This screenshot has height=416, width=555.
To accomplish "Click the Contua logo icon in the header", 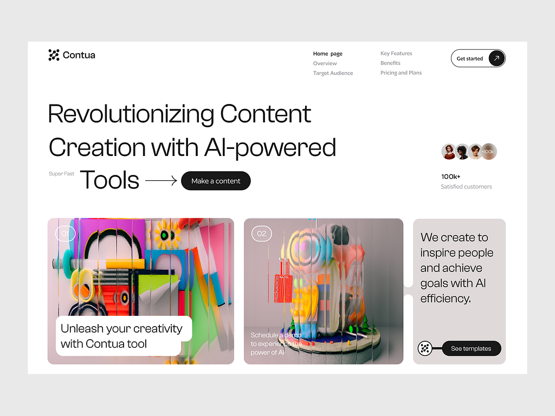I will tap(54, 55).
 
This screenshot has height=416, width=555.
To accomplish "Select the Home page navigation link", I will tap(327, 54).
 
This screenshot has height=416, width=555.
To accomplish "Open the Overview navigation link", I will tap(325, 63).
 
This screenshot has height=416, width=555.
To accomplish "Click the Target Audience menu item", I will tap(333, 73).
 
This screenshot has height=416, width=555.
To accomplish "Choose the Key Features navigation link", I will tap(396, 54).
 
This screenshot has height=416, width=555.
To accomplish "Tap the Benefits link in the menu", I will tap(390, 63).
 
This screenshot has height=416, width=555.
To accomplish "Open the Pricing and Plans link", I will tap(401, 73).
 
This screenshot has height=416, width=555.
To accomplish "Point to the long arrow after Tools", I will tap(161, 181).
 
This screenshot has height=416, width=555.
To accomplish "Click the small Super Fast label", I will tap(61, 174).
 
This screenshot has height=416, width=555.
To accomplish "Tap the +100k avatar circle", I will tap(488, 152).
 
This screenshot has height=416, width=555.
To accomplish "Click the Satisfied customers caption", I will tap(466, 186).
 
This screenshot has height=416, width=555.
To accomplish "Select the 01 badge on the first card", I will tap(65, 234).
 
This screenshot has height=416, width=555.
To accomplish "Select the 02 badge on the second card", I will tap(262, 234).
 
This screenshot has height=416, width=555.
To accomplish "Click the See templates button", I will tap(471, 349).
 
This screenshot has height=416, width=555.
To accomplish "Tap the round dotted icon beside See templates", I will tap(425, 348).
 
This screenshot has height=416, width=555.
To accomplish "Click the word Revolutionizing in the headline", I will tap(131, 114).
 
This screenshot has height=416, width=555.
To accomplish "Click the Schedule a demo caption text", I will tap(276, 343).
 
